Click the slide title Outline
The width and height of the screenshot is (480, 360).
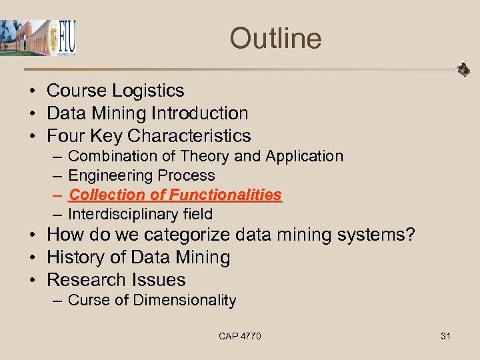coord(275,38)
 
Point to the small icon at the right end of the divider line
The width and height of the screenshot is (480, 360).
coord(462,69)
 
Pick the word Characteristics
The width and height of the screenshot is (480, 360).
coord(189,136)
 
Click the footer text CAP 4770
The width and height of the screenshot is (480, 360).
coord(240,336)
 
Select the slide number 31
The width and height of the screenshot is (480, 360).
coord(445,336)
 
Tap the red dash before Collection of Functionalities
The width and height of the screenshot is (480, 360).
coord(58,195)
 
